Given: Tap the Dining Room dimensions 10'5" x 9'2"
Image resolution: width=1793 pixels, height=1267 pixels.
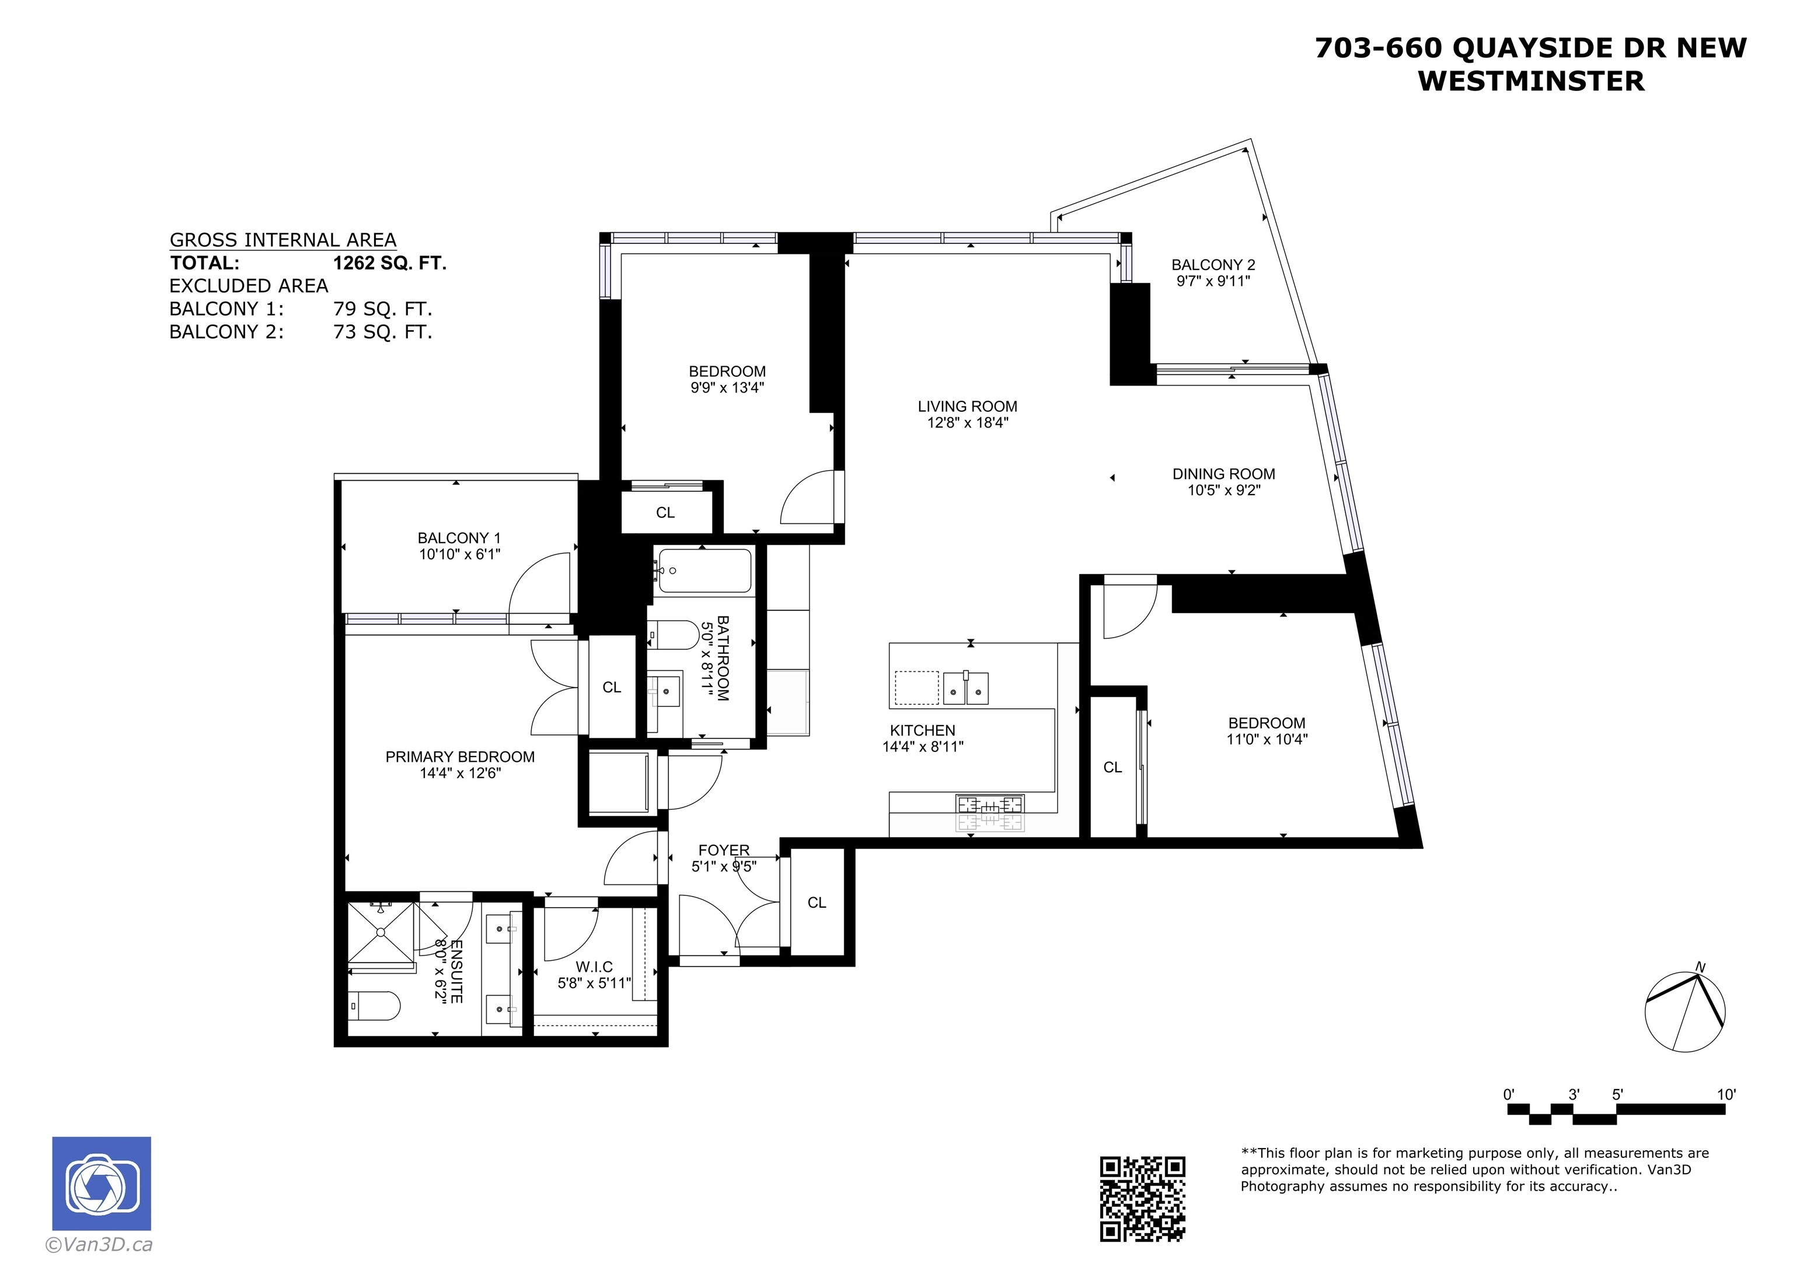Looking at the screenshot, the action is coord(1224,490).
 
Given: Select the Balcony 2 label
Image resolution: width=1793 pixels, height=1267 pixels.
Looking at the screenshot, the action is coord(1213,265).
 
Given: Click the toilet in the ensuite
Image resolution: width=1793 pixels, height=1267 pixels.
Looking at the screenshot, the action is coord(374,1006).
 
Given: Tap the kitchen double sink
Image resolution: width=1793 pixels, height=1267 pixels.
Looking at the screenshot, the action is coord(966,687).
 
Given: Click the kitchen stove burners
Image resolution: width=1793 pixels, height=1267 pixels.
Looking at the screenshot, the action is coord(989,813).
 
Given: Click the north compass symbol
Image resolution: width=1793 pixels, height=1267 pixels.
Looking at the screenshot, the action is coord(1684,1012).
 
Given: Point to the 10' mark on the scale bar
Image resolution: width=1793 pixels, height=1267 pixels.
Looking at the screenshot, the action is coord(1726,1094).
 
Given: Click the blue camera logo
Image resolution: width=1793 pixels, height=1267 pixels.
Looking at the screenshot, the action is coord(102,1184).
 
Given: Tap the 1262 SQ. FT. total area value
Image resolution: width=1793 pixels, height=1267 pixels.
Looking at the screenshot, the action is coord(390,263).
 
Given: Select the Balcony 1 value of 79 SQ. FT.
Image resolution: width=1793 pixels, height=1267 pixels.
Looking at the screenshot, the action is coord(383,309).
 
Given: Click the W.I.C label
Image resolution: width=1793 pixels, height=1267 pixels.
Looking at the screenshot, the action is coord(594,967).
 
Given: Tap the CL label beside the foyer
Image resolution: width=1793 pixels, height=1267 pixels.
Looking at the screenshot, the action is coord(817,902).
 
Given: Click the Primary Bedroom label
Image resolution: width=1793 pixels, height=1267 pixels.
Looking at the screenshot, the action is coord(460,757).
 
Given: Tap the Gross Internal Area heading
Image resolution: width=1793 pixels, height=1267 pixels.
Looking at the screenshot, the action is coord(282,240).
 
